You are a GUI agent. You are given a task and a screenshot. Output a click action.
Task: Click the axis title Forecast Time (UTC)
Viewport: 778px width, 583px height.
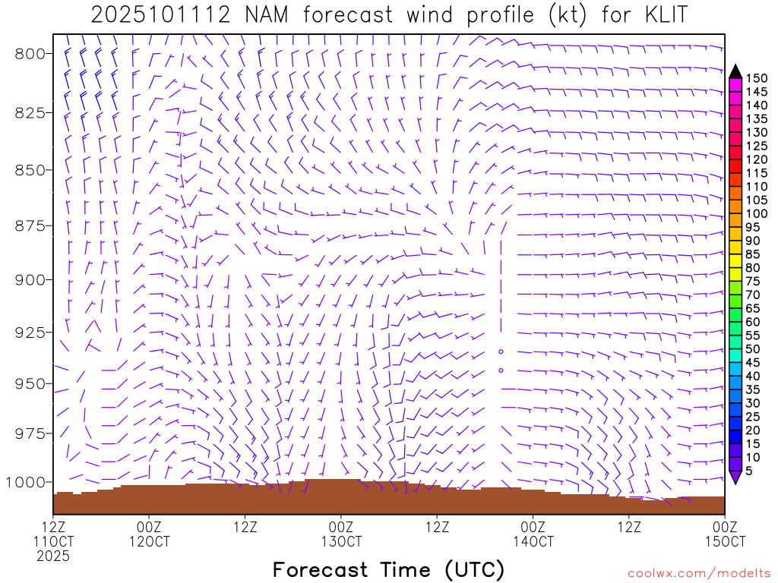point(388,569)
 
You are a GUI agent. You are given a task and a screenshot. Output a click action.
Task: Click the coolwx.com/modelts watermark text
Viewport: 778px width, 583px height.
point(698,573)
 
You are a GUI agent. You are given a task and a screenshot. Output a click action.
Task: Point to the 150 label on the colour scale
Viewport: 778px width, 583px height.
point(757,78)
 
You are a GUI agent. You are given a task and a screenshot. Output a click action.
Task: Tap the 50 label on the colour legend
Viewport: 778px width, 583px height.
point(754,348)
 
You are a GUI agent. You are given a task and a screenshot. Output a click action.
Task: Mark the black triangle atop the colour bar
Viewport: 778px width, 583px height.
point(735,71)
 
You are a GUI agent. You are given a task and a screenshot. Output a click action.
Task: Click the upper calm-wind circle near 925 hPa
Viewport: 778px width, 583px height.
point(501,351)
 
